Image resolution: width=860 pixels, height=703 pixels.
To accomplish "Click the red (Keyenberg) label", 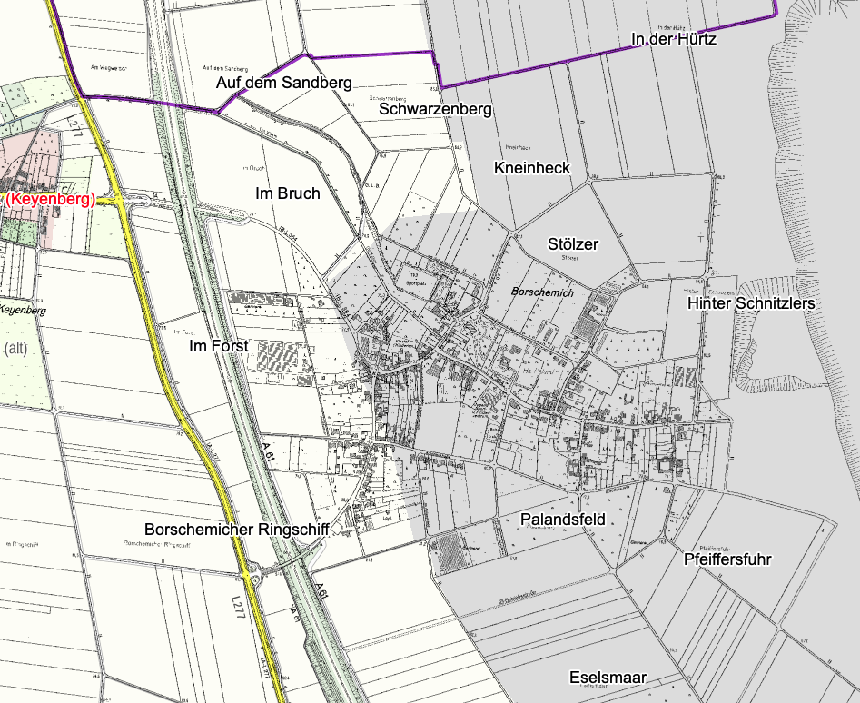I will tap(51, 199).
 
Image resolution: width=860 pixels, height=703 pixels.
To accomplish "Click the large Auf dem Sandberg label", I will tap(283, 83).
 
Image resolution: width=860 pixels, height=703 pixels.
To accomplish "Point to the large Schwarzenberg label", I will tap(436, 109).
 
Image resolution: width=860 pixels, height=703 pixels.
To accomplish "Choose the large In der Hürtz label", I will tap(674, 39).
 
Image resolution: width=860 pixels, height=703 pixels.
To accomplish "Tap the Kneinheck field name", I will tap(531, 168).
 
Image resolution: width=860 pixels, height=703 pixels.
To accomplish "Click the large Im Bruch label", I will tap(287, 193).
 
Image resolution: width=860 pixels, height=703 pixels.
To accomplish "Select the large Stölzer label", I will tap(573, 244).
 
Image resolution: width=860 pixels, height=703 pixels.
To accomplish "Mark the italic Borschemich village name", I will tap(543, 293).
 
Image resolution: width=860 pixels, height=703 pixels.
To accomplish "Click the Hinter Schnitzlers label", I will tap(752, 302).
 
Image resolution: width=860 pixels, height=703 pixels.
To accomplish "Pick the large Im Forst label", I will tap(218, 346).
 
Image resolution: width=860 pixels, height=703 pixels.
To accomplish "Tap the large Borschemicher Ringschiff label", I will tap(236, 529).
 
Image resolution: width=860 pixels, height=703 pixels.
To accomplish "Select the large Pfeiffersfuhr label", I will tap(727, 559).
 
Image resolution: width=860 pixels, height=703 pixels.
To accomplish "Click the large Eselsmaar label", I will tap(608, 678).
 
